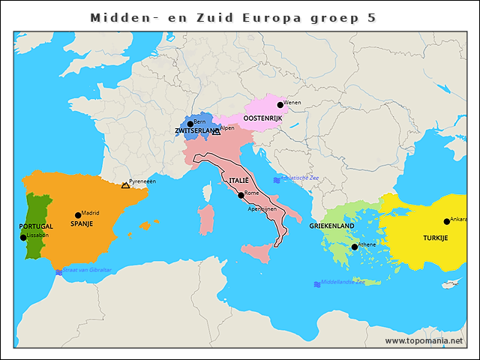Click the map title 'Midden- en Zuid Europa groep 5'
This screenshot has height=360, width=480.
(x=232, y=16)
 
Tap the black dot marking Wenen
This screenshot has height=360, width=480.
(x=280, y=105)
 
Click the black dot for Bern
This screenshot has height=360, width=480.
(x=190, y=124)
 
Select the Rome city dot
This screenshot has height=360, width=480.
(x=241, y=195)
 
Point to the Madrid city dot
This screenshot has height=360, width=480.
(x=78, y=215)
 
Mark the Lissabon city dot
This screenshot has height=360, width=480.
(x=23, y=238)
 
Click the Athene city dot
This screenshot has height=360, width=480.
(x=355, y=247)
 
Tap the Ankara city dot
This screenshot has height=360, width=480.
(x=447, y=221)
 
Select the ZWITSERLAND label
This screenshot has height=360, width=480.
(x=197, y=131)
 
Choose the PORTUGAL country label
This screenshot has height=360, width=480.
(x=36, y=226)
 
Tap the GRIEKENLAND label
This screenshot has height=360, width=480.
(x=331, y=226)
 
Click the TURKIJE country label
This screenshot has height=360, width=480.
(x=435, y=237)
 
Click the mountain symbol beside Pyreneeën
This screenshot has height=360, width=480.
(x=125, y=185)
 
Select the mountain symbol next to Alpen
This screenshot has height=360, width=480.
(x=216, y=132)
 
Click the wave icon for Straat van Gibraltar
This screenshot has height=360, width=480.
(x=58, y=271)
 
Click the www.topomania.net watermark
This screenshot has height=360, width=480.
(x=424, y=340)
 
